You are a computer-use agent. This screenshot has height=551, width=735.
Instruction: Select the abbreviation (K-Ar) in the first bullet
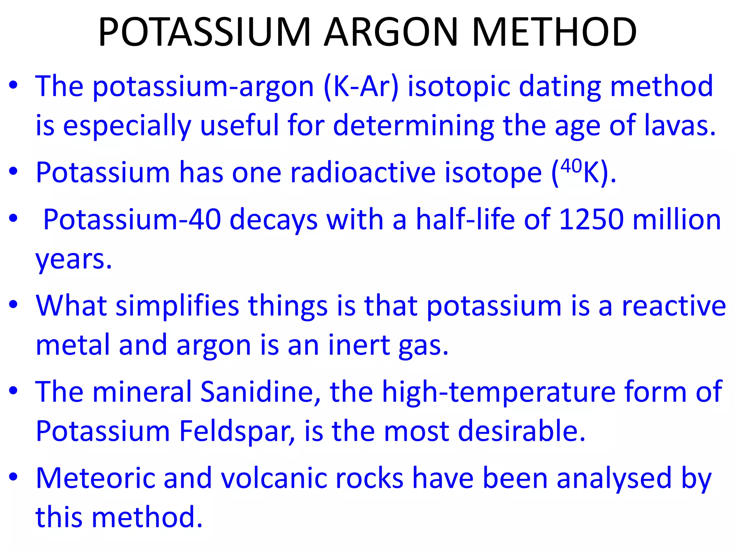361,87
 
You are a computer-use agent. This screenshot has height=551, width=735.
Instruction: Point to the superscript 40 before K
571,166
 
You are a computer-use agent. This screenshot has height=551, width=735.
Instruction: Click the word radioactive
363,173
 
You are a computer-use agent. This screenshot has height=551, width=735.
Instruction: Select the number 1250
591,219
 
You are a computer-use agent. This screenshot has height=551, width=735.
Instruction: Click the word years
74,259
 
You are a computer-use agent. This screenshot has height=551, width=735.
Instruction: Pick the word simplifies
177,306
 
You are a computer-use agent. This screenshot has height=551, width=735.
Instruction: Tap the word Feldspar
237,431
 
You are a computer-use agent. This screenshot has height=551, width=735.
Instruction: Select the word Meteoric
95,478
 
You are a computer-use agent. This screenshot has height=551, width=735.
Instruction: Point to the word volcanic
274,478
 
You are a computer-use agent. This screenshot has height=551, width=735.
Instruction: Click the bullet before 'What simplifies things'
14,305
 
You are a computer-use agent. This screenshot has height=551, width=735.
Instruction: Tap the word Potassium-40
132,219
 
